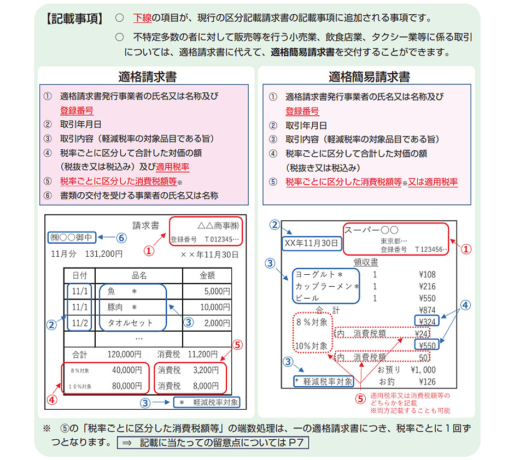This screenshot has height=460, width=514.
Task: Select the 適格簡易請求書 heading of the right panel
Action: click(369, 76)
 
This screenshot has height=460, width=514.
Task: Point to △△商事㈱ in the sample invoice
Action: click(218, 226)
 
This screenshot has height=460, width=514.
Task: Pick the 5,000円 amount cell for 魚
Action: click(217, 292)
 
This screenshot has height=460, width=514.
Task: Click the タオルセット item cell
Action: click(130, 323)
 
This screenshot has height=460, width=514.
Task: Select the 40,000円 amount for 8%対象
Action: click(127, 370)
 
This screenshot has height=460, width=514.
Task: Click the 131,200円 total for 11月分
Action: click(104, 253)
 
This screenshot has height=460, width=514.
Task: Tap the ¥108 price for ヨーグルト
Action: click(426, 274)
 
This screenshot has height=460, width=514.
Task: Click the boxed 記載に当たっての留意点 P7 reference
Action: click(213, 441)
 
